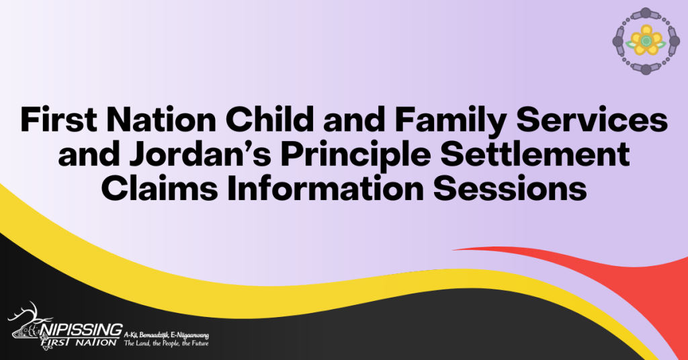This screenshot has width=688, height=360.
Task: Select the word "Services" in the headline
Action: click(x=592, y=120)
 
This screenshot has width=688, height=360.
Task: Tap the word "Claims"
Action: click(x=159, y=189)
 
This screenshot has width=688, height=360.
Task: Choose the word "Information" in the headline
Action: click(x=325, y=189)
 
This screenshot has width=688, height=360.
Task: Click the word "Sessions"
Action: click(x=510, y=189)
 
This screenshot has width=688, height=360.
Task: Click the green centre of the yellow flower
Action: click(x=646, y=41)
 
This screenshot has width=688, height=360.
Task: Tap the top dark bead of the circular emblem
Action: click(x=646, y=13)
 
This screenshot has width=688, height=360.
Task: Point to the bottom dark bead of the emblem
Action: click(x=646, y=69)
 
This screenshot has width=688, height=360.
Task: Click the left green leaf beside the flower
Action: click(x=631, y=44)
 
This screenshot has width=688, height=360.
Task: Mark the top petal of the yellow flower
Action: click(x=646, y=30)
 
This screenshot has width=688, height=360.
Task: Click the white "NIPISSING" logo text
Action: click(x=81, y=329)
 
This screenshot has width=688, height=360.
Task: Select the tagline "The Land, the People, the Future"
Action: click(x=167, y=343)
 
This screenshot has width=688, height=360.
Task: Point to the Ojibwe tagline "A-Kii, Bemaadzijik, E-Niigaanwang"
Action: click(x=167, y=335)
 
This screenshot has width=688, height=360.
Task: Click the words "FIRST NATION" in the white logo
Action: click(x=80, y=342)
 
